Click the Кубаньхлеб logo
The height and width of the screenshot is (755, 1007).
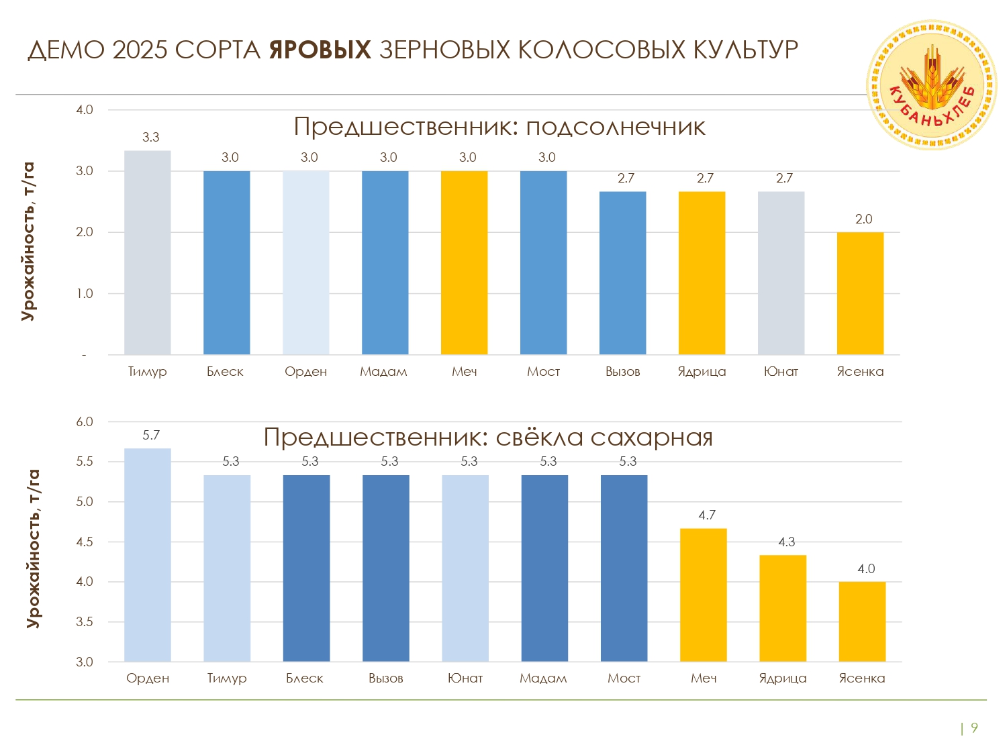[x=932, y=85]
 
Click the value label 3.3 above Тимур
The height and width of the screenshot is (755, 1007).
[x=151, y=138]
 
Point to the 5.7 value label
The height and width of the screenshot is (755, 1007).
[x=151, y=436]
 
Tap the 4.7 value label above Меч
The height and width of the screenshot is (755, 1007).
[x=707, y=515]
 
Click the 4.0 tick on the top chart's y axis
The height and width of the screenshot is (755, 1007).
[x=85, y=110]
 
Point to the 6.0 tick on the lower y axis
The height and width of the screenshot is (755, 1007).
[x=85, y=422]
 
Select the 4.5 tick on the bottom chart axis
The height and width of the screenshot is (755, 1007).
[x=85, y=542]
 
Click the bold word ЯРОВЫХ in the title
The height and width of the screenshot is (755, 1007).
[x=320, y=50]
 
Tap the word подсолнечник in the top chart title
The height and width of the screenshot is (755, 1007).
[x=616, y=127]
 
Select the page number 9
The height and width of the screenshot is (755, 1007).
[x=975, y=728]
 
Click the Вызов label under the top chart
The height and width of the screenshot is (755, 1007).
[x=622, y=372]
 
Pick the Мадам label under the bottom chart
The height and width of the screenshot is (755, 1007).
[x=543, y=678]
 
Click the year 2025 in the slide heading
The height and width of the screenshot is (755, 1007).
[x=140, y=50]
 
